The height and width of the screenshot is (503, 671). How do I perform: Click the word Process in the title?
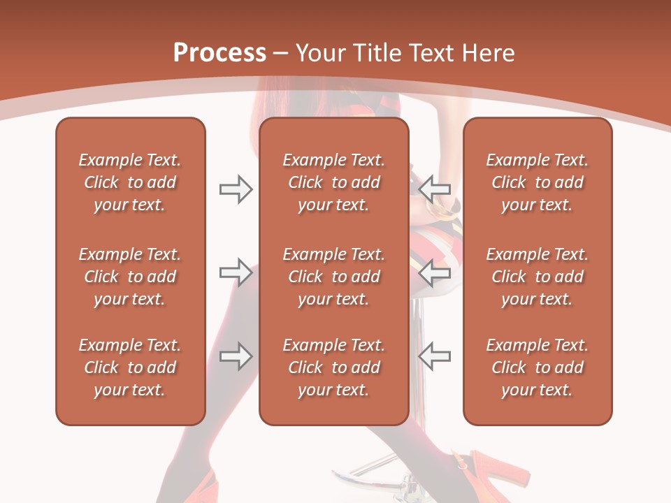tap(219, 53)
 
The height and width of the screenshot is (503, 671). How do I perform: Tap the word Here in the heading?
tap(488, 53)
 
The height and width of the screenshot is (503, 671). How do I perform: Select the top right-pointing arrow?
tap(236, 189)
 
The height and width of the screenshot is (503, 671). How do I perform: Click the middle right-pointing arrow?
tap(236, 272)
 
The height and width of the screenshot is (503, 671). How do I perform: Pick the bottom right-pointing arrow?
tap(236, 356)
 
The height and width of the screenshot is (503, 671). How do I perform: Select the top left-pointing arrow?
tap(434, 189)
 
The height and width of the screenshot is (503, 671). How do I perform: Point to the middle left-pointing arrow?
tap(434, 272)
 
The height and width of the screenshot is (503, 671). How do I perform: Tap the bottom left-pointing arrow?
tap(434, 356)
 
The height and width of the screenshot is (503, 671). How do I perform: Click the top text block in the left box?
tap(130, 182)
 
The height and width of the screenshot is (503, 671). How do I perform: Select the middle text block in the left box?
tap(130, 277)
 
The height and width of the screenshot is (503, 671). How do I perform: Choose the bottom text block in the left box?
tap(130, 367)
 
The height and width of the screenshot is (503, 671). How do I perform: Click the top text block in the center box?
tap(333, 182)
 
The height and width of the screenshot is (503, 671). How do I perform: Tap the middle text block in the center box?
tap(333, 277)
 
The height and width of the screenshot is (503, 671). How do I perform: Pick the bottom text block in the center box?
tap(333, 367)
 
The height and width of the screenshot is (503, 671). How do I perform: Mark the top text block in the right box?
tap(537, 182)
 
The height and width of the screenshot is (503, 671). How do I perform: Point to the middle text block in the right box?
tap(537, 277)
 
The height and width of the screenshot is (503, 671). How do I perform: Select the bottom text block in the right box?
tap(537, 367)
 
